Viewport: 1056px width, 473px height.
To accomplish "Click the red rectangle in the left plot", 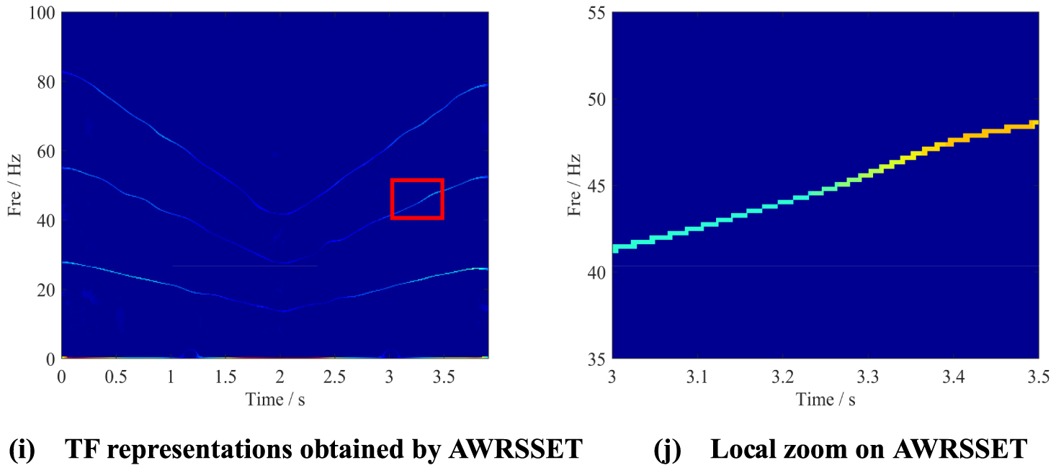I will click(x=417, y=199).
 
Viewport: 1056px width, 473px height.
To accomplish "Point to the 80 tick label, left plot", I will click(x=45, y=82).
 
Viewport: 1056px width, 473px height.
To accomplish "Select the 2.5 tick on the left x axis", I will click(x=334, y=376).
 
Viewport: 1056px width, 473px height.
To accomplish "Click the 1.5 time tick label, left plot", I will click(x=225, y=376).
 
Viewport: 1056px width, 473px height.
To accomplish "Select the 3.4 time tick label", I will click(x=952, y=376).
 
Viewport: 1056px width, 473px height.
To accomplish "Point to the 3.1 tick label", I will click(x=697, y=376).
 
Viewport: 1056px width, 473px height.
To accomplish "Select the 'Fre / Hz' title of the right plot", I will click(x=573, y=186).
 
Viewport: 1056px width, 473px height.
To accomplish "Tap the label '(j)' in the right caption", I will click(x=670, y=449).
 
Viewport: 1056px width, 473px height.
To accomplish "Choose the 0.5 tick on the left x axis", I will click(x=117, y=376).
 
